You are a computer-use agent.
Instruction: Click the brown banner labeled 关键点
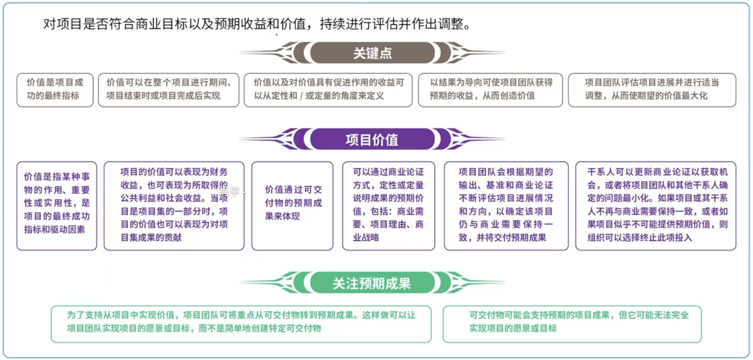[372, 53]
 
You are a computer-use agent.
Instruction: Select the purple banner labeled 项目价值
[372, 140]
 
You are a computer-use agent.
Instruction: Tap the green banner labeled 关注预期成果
[372, 283]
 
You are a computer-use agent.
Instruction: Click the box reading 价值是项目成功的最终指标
[55, 89]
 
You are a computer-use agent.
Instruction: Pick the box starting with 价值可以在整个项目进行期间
[168, 89]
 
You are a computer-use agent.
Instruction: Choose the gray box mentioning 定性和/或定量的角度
[328, 89]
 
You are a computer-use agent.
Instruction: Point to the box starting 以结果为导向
[490, 89]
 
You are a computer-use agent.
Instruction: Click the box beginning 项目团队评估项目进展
[652, 89]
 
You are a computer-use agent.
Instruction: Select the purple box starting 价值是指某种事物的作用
[56, 205]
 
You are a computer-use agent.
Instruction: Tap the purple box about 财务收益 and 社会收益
[174, 205]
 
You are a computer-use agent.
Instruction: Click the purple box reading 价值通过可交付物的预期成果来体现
[292, 205]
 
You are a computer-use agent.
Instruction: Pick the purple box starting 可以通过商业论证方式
[388, 205]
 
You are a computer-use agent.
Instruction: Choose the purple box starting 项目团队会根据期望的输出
[506, 205]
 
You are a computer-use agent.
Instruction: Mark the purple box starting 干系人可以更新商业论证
[656, 205]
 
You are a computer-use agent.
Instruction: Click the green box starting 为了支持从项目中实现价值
[241, 324]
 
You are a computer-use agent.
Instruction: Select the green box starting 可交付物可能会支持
[572, 324]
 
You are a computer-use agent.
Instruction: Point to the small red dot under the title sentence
[276, 34]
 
